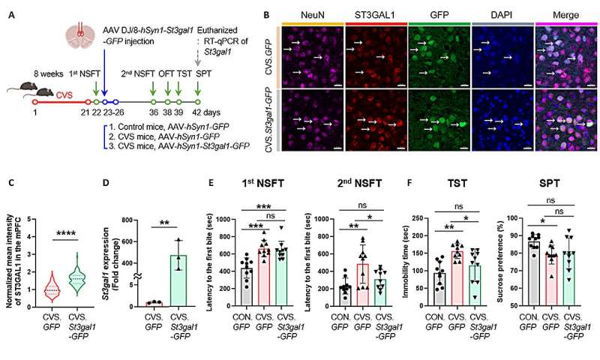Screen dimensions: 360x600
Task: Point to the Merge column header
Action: (565, 13)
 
